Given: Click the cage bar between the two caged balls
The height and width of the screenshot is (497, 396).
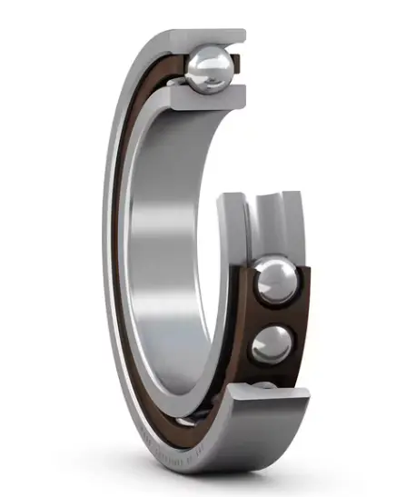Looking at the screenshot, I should click(x=273, y=314).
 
